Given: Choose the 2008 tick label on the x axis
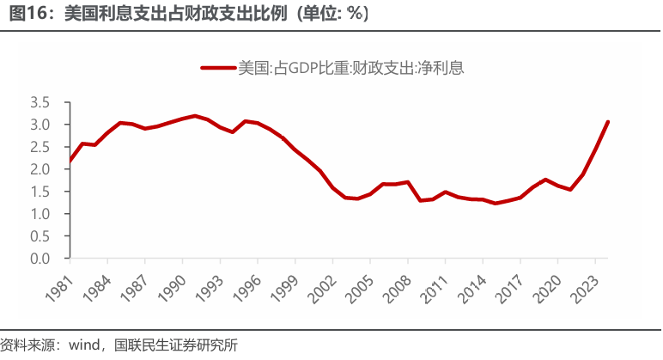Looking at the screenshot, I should pos(392,283).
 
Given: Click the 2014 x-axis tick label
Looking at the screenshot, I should pos(466,283).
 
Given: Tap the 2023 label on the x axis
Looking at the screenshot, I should pos(578,283).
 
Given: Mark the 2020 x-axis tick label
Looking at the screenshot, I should pos(541,283).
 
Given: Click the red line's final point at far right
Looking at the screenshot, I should pos(608,121).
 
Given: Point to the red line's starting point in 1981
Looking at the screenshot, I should pos(70,161).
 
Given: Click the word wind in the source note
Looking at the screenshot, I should pos(86,345).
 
